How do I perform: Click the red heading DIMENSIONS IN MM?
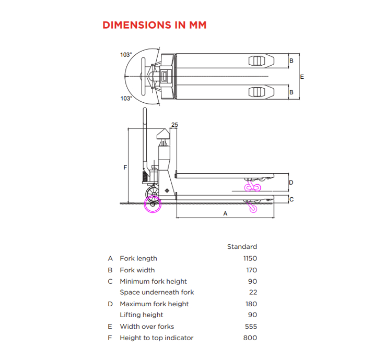click(155, 25)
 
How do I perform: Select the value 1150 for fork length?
click(250, 258)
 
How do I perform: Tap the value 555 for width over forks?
click(251, 327)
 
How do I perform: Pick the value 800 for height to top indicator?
click(250, 338)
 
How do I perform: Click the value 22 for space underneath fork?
click(253, 292)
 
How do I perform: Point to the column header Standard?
click(242, 247)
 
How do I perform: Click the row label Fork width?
click(137, 270)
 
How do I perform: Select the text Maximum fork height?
click(154, 304)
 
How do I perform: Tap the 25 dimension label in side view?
click(174, 125)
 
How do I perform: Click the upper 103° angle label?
click(126, 55)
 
